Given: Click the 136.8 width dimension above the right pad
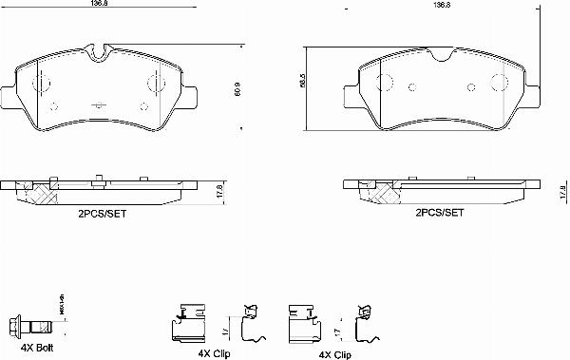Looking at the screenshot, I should coord(441,6).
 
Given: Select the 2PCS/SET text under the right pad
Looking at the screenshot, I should coord(441,214).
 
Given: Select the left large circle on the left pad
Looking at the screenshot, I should coord(41,84).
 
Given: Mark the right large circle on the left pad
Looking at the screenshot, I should coord(155,84).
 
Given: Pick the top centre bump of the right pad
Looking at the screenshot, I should coord(440,55).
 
